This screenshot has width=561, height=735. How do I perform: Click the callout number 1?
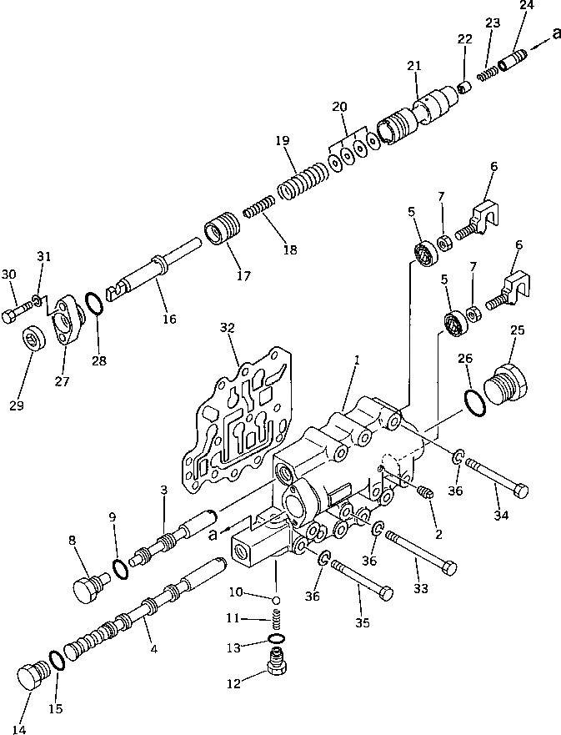(356, 360)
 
